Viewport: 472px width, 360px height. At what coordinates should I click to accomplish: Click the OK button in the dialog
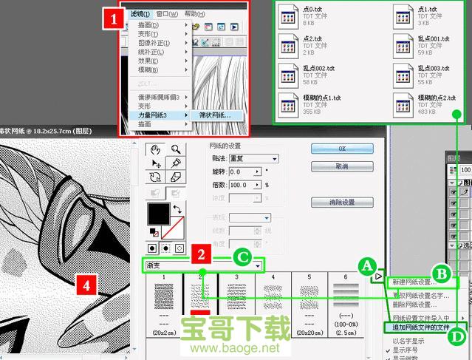[x=341, y=148]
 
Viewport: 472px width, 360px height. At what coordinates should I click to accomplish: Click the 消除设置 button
[x=341, y=202]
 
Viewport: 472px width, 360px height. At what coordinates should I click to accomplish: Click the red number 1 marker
[x=112, y=19]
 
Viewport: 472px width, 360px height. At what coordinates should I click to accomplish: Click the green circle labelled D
[x=458, y=337]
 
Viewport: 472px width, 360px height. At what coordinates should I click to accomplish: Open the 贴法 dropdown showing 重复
[x=253, y=158]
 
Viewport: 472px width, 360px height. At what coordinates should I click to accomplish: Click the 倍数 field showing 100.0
[x=245, y=184]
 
